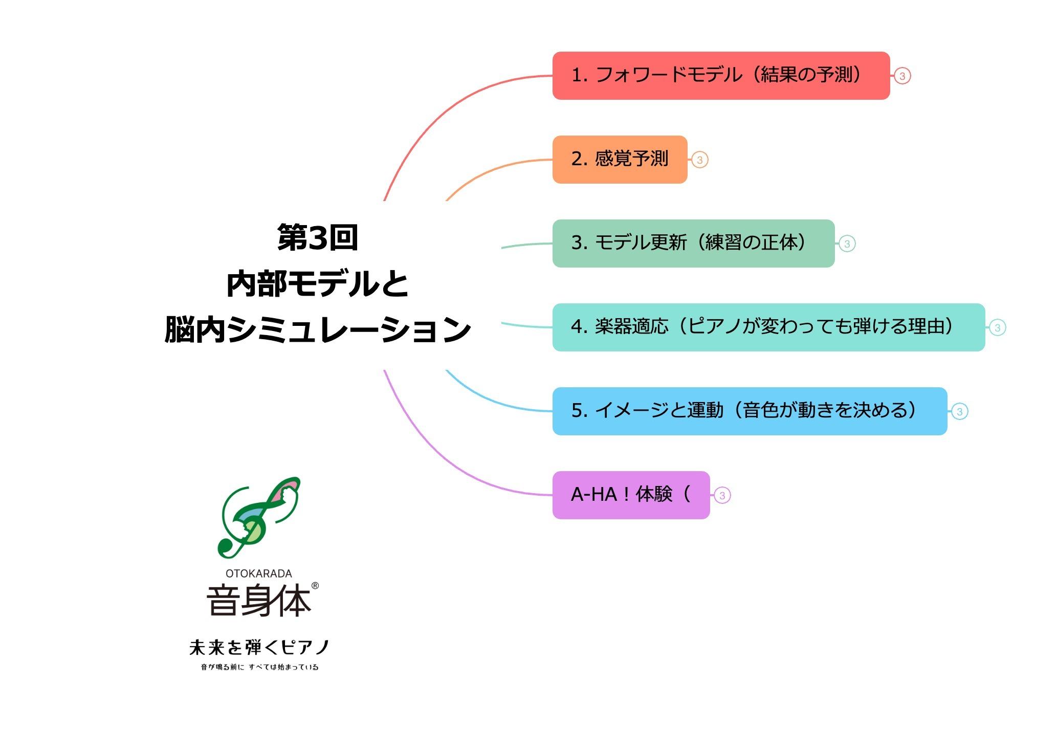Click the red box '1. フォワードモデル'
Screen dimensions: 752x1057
721,76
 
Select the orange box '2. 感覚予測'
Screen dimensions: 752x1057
620,160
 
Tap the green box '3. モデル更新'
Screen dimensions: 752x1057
693,244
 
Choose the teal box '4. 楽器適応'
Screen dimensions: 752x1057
768,327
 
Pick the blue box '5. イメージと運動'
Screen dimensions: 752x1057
750,411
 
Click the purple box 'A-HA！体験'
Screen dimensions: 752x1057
631,495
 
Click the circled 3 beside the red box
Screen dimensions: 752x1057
902,76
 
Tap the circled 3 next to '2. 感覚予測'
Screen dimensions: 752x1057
700,160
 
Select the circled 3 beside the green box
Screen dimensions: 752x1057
847,244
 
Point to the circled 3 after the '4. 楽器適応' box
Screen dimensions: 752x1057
998,328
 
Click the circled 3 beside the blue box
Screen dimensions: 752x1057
960,412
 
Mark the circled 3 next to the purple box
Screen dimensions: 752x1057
722,496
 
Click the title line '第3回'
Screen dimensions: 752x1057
317,238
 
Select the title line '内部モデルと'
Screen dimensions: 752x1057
317,283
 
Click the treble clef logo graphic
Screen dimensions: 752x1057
258,517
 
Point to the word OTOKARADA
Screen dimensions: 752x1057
259,573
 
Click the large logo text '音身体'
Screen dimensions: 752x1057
259,600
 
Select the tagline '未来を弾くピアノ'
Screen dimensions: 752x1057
259,648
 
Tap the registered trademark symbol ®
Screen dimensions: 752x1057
315,586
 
